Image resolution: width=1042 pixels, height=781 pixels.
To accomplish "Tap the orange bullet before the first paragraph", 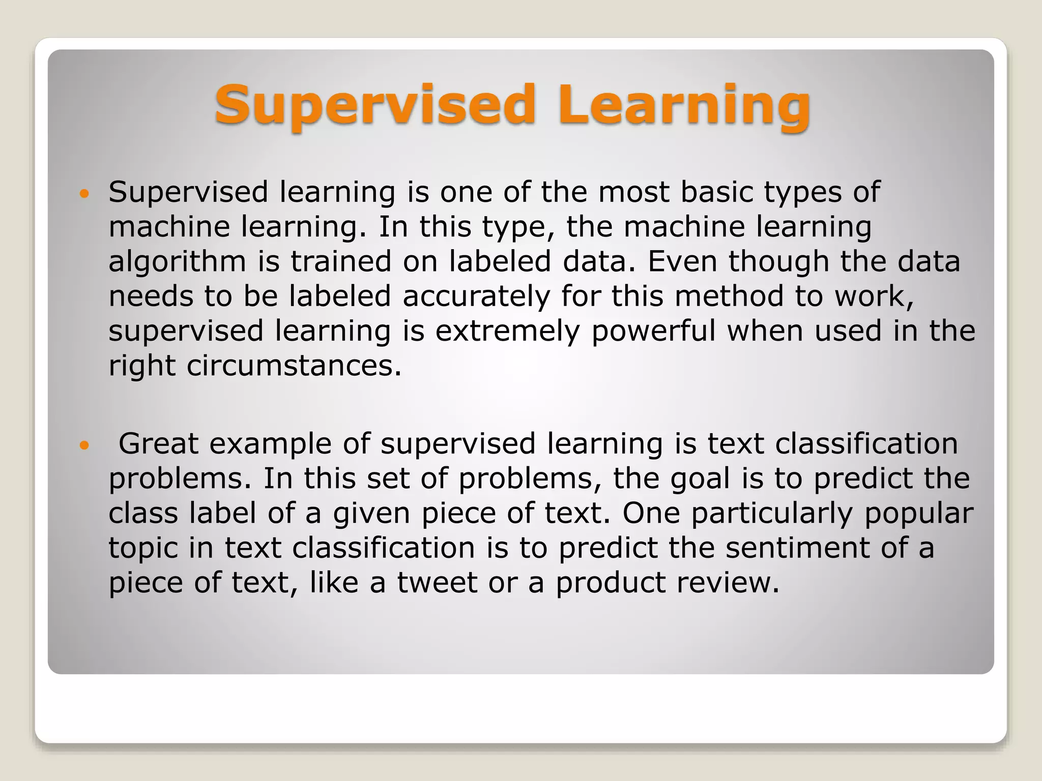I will (84, 194).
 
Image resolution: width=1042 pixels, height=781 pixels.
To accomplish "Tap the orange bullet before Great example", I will (84, 445).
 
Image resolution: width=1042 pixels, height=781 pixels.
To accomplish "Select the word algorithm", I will (177, 262).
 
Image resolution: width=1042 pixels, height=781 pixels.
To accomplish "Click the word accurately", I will (476, 296).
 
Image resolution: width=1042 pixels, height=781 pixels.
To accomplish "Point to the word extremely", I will (507, 331).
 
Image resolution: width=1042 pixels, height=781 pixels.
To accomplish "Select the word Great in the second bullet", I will (158, 444).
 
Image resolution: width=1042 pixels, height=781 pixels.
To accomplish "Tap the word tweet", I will (437, 583).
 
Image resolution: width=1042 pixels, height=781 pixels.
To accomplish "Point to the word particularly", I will (771, 514).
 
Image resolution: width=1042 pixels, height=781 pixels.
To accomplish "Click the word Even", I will (681, 261).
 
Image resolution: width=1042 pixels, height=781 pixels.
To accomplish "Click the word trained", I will (341, 261).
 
